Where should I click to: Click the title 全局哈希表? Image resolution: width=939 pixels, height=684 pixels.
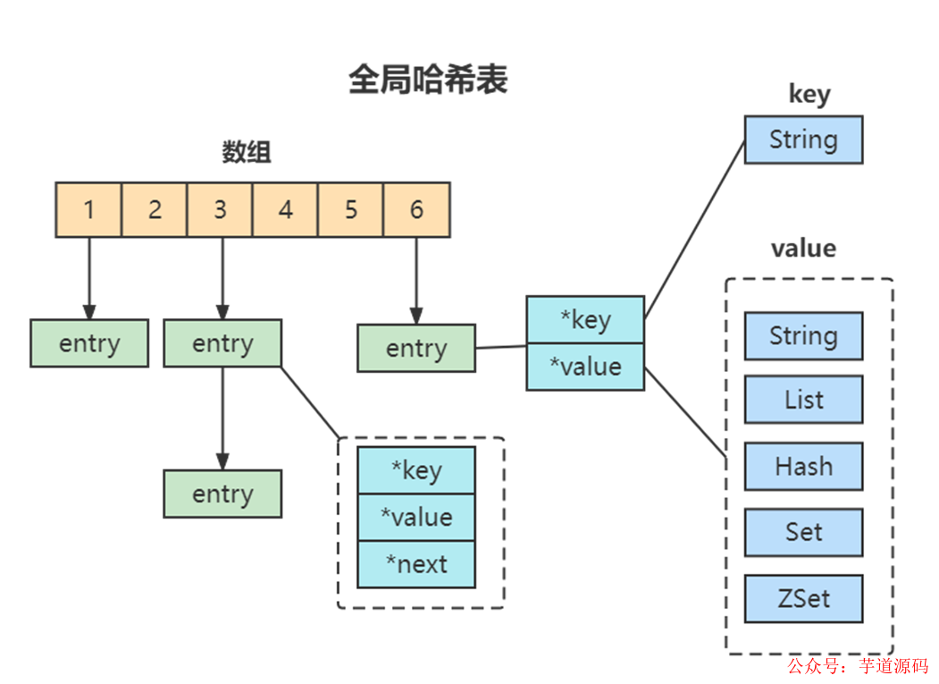pyautogui.click(x=427, y=80)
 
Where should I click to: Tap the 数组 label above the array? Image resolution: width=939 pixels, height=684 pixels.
pyautogui.click(x=247, y=152)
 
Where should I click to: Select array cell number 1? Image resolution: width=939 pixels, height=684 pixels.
pyautogui.click(x=88, y=210)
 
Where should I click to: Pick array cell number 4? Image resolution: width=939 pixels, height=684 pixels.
pyautogui.click(x=285, y=210)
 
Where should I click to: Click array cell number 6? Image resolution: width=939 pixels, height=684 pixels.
pyautogui.click(x=416, y=210)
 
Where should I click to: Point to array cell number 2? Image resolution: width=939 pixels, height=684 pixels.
pyautogui.click(x=155, y=210)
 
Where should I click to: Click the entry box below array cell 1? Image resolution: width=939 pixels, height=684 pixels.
pyautogui.click(x=88, y=344)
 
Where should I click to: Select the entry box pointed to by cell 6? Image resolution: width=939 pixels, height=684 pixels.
pyautogui.click(x=416, y=349)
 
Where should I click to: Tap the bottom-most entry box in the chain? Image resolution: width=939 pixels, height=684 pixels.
pyautogui.click(x=222, y=494)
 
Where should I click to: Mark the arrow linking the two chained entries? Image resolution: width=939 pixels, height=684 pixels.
pyautogui.click(x=222, y=418)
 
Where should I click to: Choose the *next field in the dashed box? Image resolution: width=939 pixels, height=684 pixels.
pyautogui.click(x=416, y=564)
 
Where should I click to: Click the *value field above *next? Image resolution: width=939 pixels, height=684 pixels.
pyautogui.click(x=416, y=518)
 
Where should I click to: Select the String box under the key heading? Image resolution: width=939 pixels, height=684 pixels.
pyautogui.click(x=803, y=140)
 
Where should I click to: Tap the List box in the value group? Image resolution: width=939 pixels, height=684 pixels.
pyautogui.click(x=803, y=400)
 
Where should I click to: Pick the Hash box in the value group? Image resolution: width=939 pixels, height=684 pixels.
pyautogui.click(x=803, y=466)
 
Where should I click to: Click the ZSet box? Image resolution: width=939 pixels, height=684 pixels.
pyautogui.click(x=803, y=598)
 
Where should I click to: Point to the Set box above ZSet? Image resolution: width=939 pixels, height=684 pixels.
pyautogui.click(x=803, y=532)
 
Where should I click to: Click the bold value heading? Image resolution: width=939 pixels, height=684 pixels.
pyautogui.click(x=803, y=248)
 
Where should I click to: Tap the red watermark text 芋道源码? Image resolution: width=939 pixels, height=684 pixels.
pyautogui.click(x=893, y=666)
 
